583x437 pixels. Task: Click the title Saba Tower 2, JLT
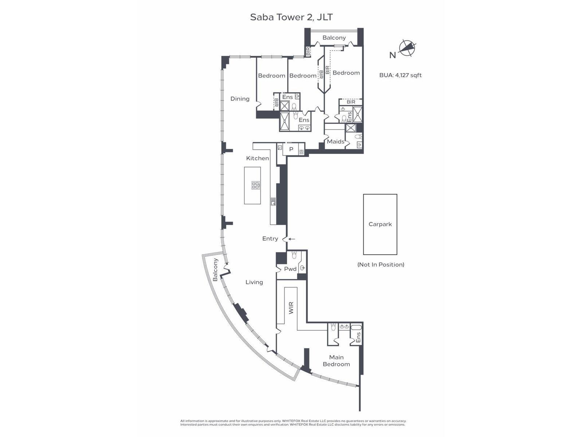pos(291,17)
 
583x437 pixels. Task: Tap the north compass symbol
pos(407,48)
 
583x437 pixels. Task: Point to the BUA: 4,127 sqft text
pos(400,75)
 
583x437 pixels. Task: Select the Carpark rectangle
pos(380,224)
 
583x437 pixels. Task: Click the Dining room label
pos(240,99)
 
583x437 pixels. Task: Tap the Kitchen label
pos(257,158)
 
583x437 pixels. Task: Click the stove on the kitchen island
pos(255,185)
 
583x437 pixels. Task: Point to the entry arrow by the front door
pos(291,239)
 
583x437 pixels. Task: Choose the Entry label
pos(270,239)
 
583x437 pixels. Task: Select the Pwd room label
pos(290,269)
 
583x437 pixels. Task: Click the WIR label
pos(291,308)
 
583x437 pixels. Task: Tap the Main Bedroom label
pos(336,361)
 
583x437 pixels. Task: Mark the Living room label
pos(254,282)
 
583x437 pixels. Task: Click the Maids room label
pos(336,141)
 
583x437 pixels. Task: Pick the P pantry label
pos(291,149)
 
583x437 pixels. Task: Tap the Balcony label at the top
pos(334,38)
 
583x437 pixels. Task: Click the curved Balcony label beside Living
pos(215,269)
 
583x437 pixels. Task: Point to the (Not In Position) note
pos(381,264)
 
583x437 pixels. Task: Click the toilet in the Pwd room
pos(294,255)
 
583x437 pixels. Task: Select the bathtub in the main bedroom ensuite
pos(356,327)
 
